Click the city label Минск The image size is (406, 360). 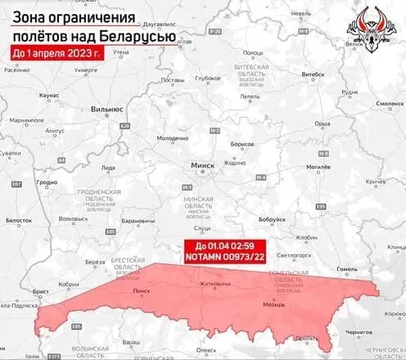201,164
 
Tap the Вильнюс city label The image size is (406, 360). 107,107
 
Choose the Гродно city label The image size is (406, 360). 47,182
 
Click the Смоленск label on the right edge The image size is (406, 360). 388,104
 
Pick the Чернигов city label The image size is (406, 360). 363,333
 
